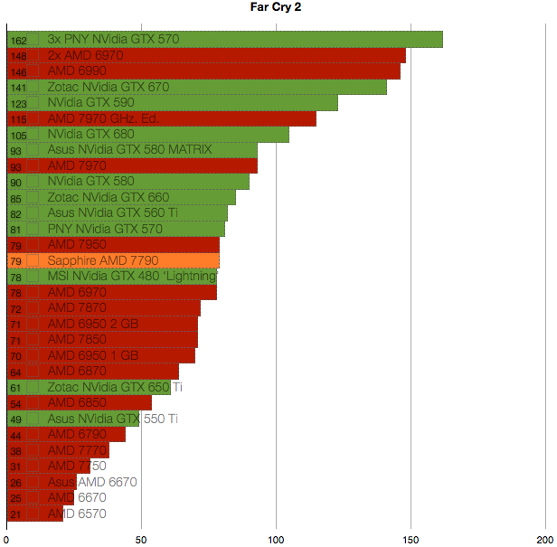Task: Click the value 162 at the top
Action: click(x=18, y=41)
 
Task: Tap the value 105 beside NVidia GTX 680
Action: click(x=18, y=135)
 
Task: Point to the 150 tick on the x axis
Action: click(x=411, y=539)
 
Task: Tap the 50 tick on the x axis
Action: click(x=141, y=539)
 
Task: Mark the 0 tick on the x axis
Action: click(x=7, y=539)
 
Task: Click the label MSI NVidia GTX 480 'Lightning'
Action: click(x=132, y=277)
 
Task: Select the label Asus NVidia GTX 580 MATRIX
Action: click(x=129, y=150)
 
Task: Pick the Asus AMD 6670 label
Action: click(x=92, y=483)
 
